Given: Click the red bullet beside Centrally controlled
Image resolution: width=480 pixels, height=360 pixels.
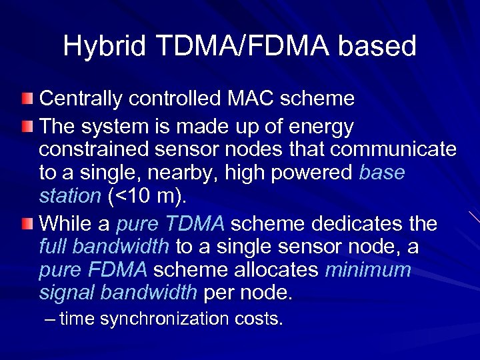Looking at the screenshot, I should (x=26, y=99).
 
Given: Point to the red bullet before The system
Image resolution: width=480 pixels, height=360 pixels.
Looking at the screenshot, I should (x=26, y=126).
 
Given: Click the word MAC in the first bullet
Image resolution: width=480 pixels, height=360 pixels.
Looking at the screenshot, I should (x=251, y=99).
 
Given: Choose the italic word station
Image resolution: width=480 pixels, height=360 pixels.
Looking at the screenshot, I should (x=69, y=196).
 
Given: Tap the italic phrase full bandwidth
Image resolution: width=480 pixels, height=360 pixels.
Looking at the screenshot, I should (x=104, y=247).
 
